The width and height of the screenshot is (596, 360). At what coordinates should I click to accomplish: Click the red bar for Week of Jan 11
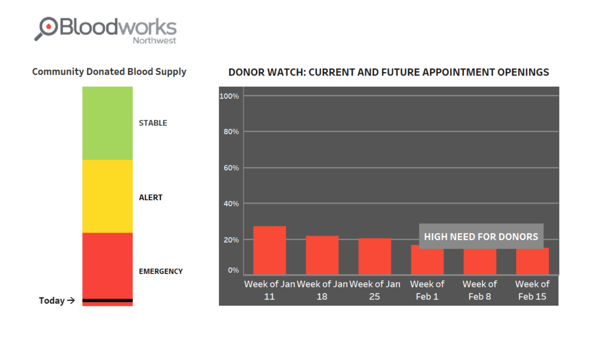point(270,250)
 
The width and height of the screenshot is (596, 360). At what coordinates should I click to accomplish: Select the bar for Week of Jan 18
point(322,255)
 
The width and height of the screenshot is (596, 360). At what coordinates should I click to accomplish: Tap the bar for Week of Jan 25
point(374,256)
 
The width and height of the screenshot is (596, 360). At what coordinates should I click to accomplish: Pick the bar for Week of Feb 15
point(532,261)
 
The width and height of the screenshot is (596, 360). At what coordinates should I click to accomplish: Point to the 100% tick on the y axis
point(229,96)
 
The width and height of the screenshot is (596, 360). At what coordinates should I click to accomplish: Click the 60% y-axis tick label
point(231,168)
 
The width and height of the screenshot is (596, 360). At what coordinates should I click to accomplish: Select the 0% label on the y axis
point(233,270)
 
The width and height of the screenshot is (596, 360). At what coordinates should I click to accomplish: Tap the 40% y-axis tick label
point(231,204)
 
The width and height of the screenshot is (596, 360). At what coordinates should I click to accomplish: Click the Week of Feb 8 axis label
point(480,290)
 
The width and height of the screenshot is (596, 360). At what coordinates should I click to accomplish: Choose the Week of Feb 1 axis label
point(427,290)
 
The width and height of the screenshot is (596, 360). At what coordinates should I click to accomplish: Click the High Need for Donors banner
point(481,237)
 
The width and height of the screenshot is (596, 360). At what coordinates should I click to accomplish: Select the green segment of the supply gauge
point(107,123)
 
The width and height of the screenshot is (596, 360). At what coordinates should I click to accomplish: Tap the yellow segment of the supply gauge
point(107,196)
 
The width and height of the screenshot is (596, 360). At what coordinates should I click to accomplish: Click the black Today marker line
point(107,300)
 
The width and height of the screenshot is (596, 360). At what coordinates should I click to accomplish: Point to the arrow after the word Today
point(71,300)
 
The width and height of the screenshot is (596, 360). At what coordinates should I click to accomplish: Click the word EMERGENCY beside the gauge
point(161,271)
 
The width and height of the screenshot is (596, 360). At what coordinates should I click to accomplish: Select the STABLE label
point(153,123)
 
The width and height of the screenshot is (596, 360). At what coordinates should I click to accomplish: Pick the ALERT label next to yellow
point(150,198)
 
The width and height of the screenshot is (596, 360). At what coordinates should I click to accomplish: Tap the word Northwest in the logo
point(155,40)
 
